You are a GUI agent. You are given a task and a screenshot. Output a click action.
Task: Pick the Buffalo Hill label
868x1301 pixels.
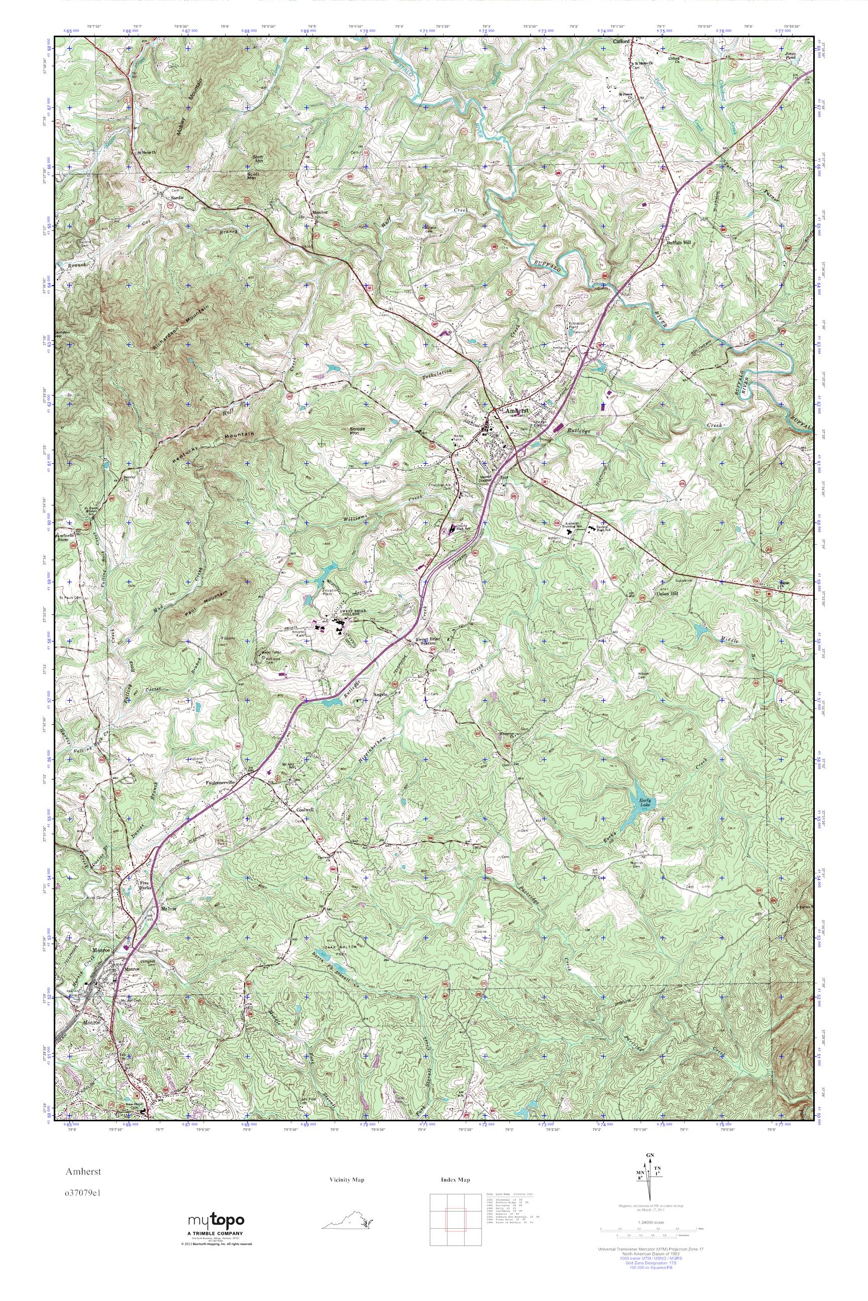[x=678, y=242]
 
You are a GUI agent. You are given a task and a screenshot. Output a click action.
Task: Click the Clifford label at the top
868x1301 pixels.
[x=622, y=42]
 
